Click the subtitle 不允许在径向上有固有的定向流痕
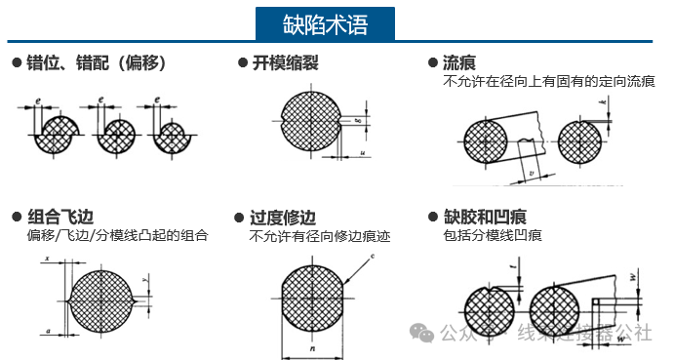pyautogui.click(x=548, y=81)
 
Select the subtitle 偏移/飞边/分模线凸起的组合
pyautogui.click(x=117, y=235)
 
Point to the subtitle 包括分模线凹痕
pyautogui.click(x=493, y=235)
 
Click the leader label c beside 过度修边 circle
pyautogui.click(x=372, y=256)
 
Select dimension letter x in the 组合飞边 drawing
pyautogui.click(x=47, y=257)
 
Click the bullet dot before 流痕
pyautogui.click(x=434, y=63)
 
